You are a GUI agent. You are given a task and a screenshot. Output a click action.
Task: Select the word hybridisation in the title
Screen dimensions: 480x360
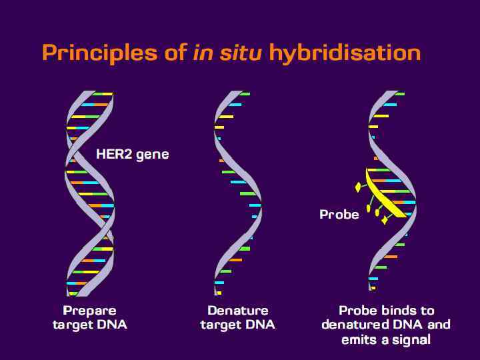tap(345, 53)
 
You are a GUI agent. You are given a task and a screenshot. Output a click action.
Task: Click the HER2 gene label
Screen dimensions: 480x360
tap(133, 155)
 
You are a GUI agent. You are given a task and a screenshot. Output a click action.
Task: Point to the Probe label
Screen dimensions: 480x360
tap(339, 214)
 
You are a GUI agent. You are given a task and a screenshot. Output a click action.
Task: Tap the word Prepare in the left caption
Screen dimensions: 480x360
tap(89, 311)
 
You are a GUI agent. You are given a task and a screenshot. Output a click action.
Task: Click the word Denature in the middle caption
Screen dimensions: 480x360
tap(238, 311)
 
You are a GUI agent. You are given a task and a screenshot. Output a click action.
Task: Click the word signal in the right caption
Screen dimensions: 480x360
tap(410, 339)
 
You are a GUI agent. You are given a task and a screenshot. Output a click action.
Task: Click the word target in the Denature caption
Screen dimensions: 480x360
tap(223, 325)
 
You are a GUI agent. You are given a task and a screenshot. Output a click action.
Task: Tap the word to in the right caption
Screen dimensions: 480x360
tap(427, 311)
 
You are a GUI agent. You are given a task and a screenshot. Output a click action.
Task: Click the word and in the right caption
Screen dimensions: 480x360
tap(438, 325)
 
